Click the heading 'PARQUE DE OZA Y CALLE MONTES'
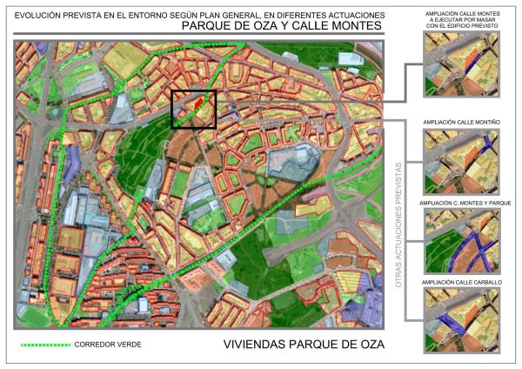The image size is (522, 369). pyautogui.click(x=283, y=26)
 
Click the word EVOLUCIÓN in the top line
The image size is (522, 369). pyautogui.click(x=40, y=13)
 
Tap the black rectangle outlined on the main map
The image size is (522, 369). pyautogui.click(x=193, y=110)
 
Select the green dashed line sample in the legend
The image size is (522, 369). pyautogui.click(x=45, y=346)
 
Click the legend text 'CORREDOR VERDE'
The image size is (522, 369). pyautogui.click(x=109, y=346)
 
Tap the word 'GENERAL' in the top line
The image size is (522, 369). pyautogui.click(x=227, y=13)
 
